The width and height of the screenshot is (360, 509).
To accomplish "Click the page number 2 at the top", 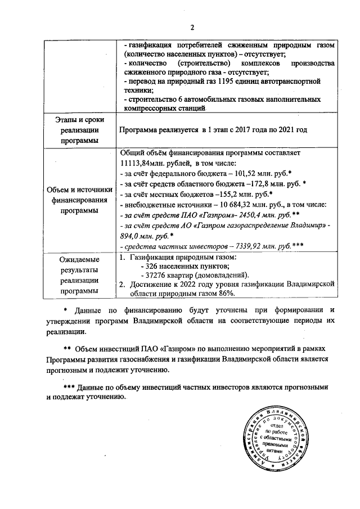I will (x=192, y=28).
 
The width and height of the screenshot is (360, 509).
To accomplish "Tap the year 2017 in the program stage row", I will (x=245, y=130).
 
